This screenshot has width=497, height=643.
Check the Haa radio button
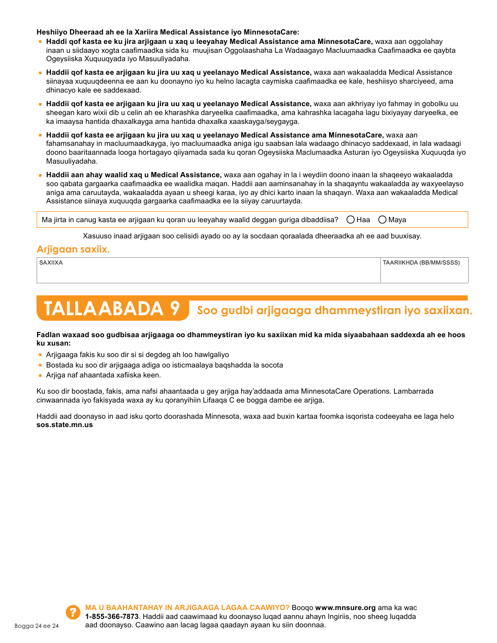pyautogui.click(x=351, y=220)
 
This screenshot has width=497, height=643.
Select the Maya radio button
pyautogui.click(x=382, y=220)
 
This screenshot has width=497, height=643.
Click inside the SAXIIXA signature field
pyautogui.click(x=208, y=273)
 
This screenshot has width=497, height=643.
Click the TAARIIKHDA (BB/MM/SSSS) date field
pyautogui.click(x=424, y=273)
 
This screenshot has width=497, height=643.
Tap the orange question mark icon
pyautogui.click(x=73, y=612)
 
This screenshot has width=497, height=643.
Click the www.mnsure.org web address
pyautogui.click(x=345, y=607)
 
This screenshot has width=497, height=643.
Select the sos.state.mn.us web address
pyautogui.click(x=64, y=425)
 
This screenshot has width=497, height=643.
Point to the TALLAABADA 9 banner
pyautogui.click(x=112, y=309)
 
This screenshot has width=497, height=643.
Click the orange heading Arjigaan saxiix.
pyautogui.click(x=73, y=249)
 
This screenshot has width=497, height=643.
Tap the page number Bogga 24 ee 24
pyautogui.click(x=37, y=626)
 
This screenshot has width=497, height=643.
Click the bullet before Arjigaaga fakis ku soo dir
pyautogui.click(x=40, y=355)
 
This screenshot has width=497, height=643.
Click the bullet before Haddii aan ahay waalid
pyautogui.click(x=40, y=175)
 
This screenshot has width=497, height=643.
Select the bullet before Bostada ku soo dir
pyautogui.click(x=40, y=365)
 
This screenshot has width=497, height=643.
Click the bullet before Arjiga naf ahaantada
pyautogui.click(x=40, y=375)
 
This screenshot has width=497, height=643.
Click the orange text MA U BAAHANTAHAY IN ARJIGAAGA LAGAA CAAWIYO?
pyautogui.click(x=187, y=607)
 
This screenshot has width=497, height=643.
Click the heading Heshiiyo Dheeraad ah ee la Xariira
pyautogui.click(x=167, y=32)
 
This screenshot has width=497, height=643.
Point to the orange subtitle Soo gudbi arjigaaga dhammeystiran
pyautogui.click(x=334, y=311)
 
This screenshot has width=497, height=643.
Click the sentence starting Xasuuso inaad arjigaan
pyautogui.click(x=252, y=236)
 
